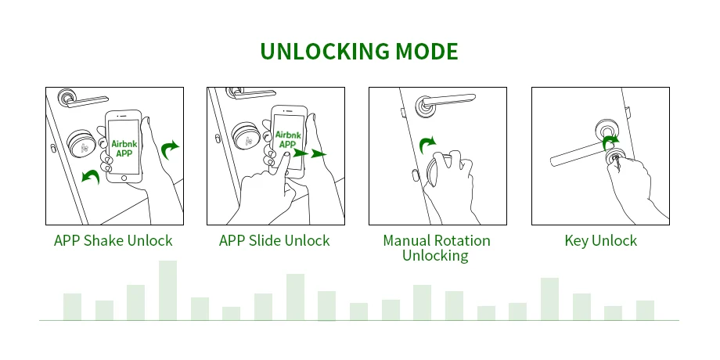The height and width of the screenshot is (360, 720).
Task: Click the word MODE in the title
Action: tap(427, 52)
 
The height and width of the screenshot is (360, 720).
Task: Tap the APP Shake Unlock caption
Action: tap(113, 240)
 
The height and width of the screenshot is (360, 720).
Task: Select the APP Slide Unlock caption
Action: tap(275, 240)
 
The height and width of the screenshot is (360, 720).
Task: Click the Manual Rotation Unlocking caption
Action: tap(437, 247)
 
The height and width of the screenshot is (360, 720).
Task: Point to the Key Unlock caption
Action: tap(601, 240)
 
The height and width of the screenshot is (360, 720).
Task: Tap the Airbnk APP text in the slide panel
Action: tap(286, 139)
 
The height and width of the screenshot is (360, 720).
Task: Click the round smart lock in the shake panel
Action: tap(81, 143)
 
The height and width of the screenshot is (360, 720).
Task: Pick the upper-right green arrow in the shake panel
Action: tap(170, 147)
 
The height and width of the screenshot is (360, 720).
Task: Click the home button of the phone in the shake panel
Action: tap(123, 179)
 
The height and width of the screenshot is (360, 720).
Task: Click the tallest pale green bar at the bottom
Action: tap(167, 290)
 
